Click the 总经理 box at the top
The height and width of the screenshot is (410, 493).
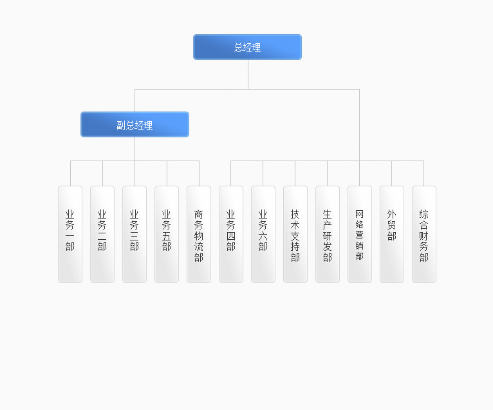click(247, 47)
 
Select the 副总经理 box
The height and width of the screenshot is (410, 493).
click(135, 124)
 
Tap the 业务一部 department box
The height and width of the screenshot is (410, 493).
click(70, 234)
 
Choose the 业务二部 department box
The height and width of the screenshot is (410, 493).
click(102, 234)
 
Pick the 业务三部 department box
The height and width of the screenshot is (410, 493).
click(135, 234)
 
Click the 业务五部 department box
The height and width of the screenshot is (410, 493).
click(167, 234)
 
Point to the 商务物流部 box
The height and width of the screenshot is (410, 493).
click(199, 234)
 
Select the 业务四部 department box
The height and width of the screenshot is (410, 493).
click(231, 234)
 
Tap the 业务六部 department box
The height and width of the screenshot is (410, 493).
click(263, 234)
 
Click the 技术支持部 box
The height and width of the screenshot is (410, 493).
click(295, 234)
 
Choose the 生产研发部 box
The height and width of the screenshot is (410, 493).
click(328, 234)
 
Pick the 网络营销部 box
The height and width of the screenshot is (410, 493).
click(360, 234)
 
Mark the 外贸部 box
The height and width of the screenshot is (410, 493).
click(392, 234)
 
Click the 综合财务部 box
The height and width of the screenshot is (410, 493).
click(424, 234)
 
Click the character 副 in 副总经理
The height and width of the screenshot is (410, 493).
click(121, 125)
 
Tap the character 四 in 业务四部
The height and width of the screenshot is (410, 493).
click(231, 236)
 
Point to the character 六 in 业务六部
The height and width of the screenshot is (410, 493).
click(263, 236)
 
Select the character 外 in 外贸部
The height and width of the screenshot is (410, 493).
click(391, 215)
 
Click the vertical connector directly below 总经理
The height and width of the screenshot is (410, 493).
click(248, 74)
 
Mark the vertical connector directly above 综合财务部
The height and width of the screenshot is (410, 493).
click(424, 173)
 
